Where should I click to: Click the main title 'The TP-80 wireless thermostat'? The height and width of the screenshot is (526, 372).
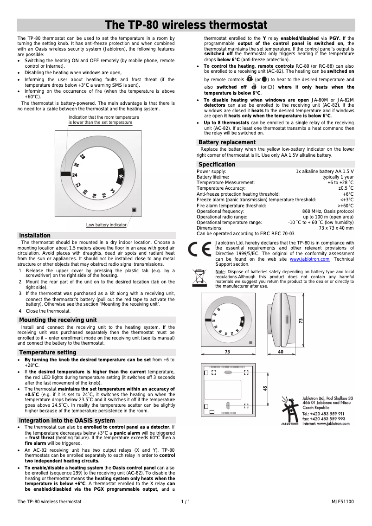click(x=186, y=25)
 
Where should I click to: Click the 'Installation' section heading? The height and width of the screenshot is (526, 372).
click(x=35, y=235)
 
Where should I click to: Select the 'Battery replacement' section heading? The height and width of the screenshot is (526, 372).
click(x=227, y=142)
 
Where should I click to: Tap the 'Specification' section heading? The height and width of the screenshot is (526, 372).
click(x=217, y=164)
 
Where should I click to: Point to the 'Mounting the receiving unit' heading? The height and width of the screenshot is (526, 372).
click(x=58, y=320)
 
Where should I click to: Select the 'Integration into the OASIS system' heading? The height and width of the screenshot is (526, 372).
click(x=67, y=420)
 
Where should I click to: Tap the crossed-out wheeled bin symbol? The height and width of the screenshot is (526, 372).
click(x=200, y=277)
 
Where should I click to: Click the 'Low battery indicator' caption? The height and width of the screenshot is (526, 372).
click(x=106, y=225)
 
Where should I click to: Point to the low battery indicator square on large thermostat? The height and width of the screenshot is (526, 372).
click(x=134, y=210)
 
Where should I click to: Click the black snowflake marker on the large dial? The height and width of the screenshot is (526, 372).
click(x=121, y=177)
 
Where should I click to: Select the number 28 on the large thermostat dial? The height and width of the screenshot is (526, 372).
click(x=82, y=157)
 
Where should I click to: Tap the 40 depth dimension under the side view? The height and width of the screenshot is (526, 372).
click(x=281, y=352)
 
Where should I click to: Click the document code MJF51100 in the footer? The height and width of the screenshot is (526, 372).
click(x=342, y=501)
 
